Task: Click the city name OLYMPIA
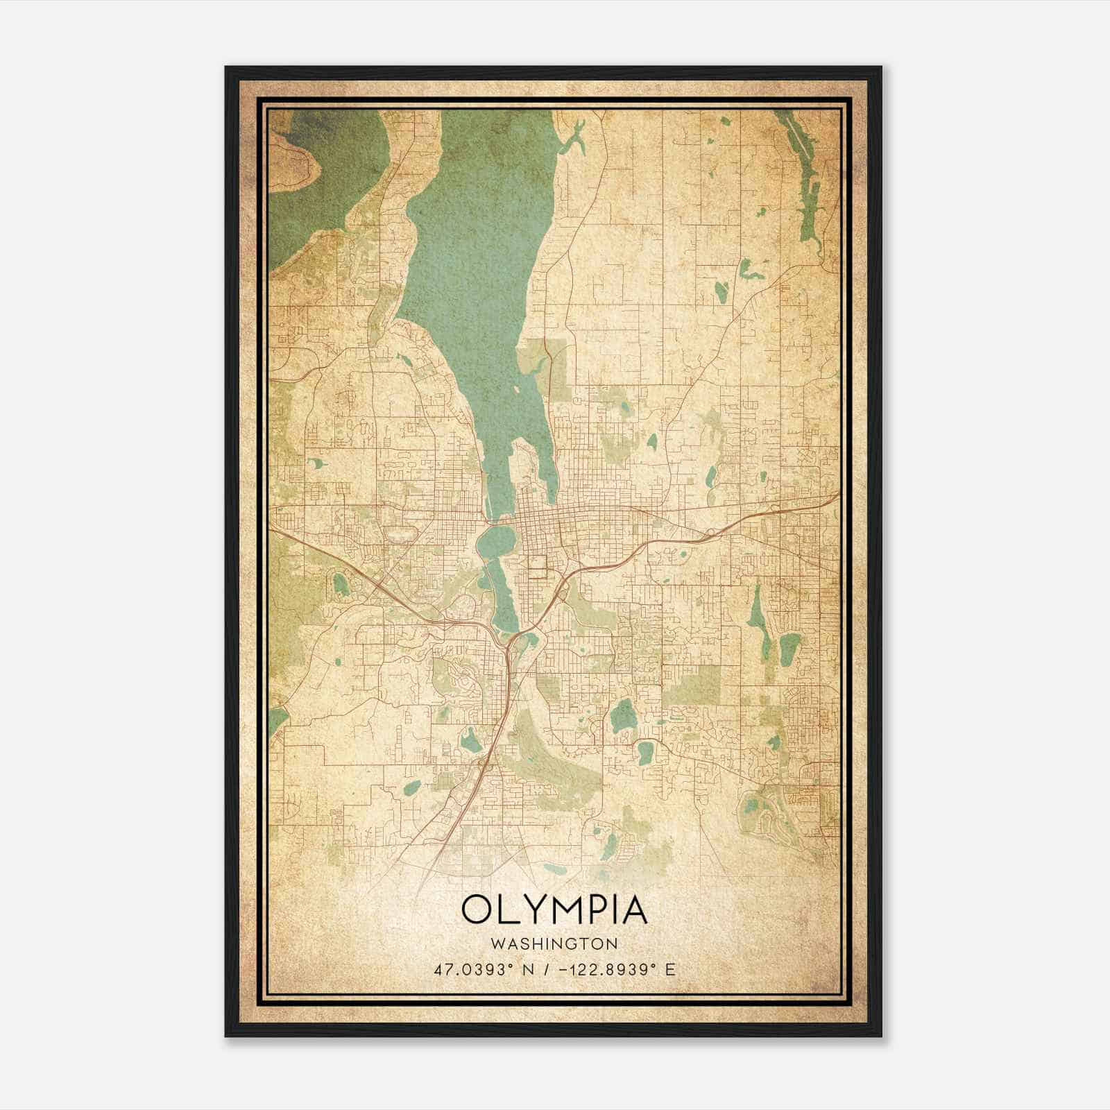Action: [554, 910]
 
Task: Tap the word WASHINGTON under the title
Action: [554, 943]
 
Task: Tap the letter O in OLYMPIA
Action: [477, 910]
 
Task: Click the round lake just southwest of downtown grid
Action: [497, 539]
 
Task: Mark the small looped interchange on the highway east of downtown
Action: [709, 535]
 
